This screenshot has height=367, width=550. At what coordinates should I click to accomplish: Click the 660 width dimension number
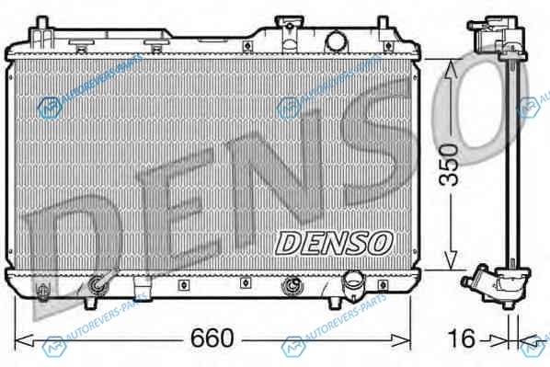click(x=212, y=338)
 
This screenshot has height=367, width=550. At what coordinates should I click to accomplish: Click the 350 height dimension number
click(x=449, y=165)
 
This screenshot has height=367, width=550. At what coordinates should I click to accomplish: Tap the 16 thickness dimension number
click(x=462, y=338)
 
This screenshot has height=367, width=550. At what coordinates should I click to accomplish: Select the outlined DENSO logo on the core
click(x=334, y=243)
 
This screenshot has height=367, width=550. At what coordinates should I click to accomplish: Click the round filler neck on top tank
click(x=336, y=41)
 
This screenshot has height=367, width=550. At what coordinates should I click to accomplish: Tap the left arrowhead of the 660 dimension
click(x=24, y=339)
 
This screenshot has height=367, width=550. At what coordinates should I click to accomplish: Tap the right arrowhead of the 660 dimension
click(x=401, y=339)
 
